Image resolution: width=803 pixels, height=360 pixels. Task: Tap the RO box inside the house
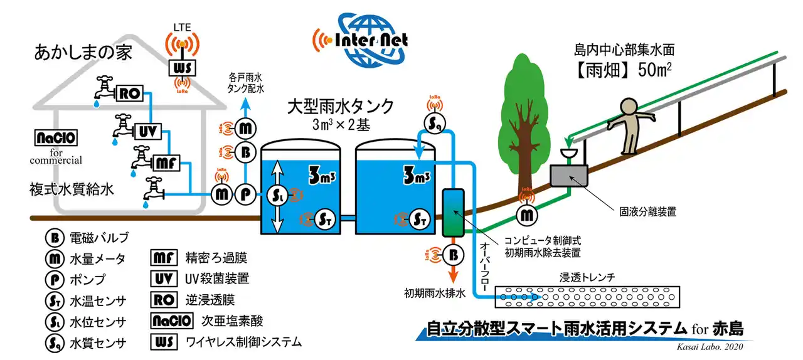click(x=130, y=94)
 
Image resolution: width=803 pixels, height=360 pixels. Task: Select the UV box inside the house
click(x=147, y=130)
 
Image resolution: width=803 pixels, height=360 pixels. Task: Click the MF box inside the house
click(x=164, y=164)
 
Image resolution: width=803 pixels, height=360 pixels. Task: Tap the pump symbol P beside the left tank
click(x=245, y=194)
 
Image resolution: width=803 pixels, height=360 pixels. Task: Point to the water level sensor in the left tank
click(x=279, y=194)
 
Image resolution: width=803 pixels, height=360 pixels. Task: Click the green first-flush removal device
click(x=452, y=213)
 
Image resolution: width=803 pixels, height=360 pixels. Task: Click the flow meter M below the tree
click(x=527, y=215)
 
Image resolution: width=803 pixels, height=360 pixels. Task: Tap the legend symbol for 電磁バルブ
click(x=54, y=238)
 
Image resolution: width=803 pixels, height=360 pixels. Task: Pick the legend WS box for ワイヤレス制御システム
click(x=163, y=342)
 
